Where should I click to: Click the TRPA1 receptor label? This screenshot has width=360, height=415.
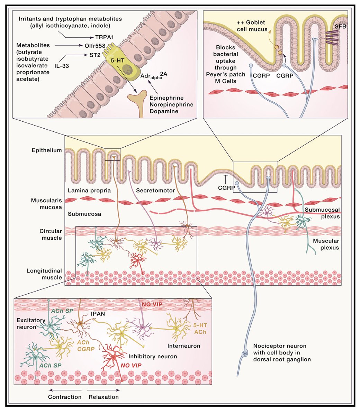tap(105, 37)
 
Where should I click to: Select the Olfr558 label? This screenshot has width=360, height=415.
tap(95, 46)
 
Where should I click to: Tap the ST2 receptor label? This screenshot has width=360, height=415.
tap(95, 55)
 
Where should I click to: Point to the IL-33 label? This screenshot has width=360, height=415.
tap(62, 66)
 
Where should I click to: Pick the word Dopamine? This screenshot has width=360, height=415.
tap(164, 111)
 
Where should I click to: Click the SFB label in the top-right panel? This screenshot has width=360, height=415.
tap(340, 26)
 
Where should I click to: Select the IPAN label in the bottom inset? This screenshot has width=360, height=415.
tap(98, 314)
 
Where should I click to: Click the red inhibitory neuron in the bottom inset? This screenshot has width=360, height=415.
tap(114, 357)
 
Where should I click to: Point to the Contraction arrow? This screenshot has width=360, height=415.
tap(65, 390)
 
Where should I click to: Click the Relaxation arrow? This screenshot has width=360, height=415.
tap(104, 390)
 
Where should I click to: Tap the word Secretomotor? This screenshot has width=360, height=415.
tap(155, 190)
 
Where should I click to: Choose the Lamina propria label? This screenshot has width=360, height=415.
tap(89, 190)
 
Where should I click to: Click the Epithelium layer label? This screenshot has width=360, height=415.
tap(47, 150)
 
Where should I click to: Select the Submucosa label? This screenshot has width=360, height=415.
tap(84, 214)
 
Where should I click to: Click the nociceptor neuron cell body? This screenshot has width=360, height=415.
tap(245, 353)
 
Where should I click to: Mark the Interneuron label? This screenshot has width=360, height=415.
tap(184, 346)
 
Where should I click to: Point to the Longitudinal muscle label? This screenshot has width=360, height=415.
tap(44, 274)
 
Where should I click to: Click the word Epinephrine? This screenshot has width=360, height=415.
tap(166, 98)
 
